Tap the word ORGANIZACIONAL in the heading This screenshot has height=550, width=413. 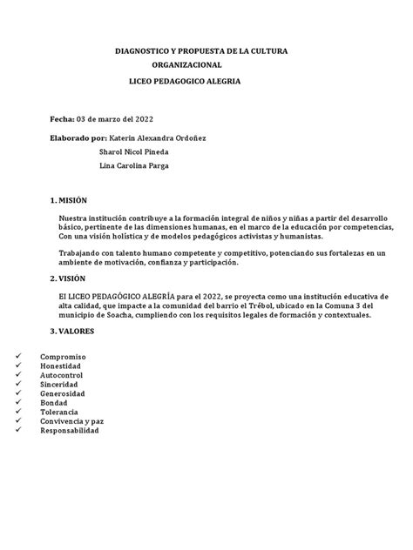[x=186, y=65]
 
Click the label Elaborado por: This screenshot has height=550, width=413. [x=79, y=138]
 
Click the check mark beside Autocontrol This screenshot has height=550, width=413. [x=19, y=376]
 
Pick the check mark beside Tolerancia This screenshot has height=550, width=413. [x=19, y=412]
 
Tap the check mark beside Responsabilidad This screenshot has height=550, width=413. [x=19, y=430]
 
